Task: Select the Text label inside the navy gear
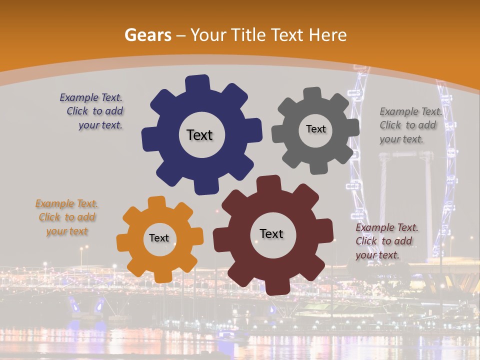tap(199, 135)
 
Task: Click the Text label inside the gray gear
tap(315, 129)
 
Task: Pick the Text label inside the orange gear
tap(159, 238)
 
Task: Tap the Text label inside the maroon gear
tap(271, 233)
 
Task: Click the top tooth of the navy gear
tap(197, 82)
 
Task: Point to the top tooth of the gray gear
tap(312, 94)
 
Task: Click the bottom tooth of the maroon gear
tap(275, 287)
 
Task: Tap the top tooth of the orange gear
tap(156, 202)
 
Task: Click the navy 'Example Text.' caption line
tap(91, 98)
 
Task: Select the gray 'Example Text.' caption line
tap(411, 111)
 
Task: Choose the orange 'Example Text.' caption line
tap(66, 203)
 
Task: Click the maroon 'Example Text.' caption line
tap(387, 227)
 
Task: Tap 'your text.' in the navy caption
tap(100, 125)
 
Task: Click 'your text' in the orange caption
tap(66, 231)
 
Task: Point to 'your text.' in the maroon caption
tap(377, 254)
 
